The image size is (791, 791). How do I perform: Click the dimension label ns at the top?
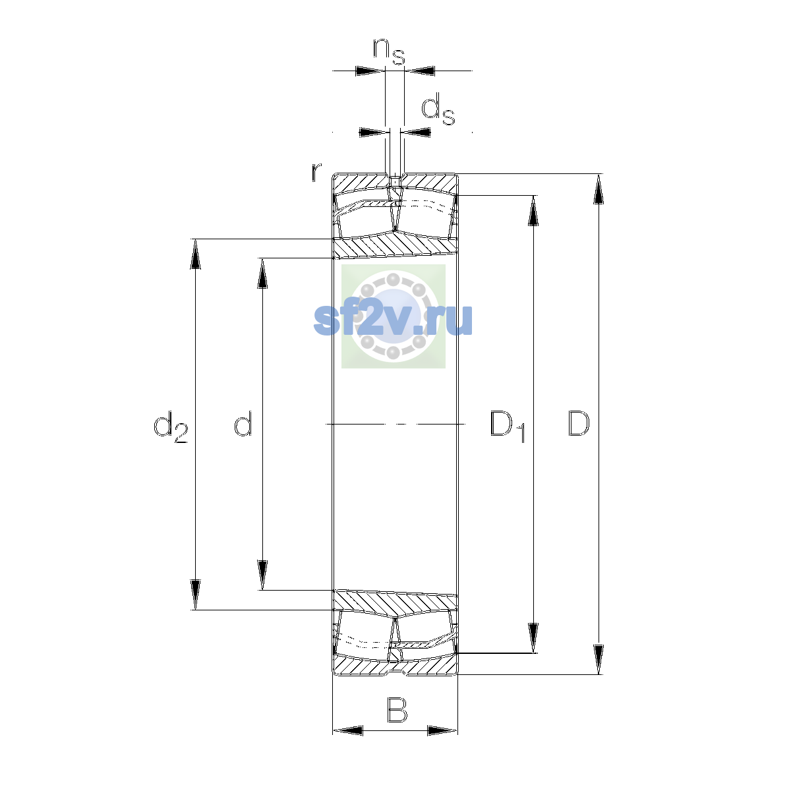(x=389, y=51)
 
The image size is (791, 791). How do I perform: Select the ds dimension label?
(x=438, y=109)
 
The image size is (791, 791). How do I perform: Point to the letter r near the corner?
(x=316, y=172)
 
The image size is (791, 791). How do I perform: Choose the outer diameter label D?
(x=579, y=424)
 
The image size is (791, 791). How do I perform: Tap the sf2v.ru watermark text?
(x=393, y=320)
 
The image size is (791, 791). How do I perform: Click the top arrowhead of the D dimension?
(x=599, y=189)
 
